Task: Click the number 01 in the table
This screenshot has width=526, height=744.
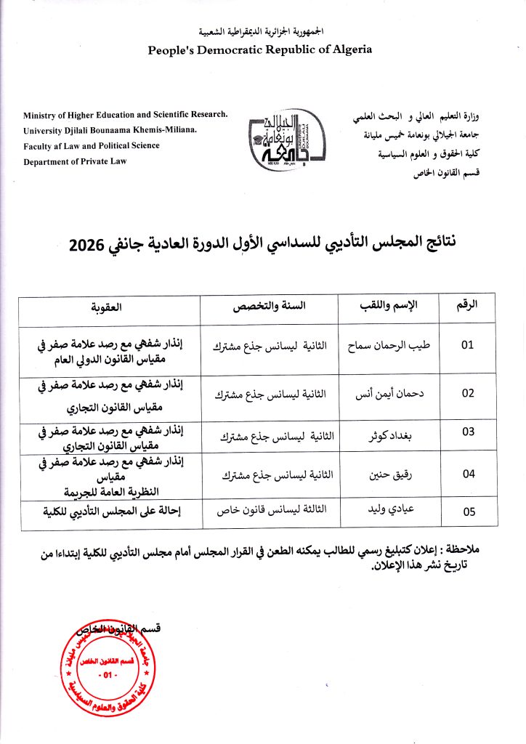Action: [468, 346]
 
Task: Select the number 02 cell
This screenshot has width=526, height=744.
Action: [468, 393]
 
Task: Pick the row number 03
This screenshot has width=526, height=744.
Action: [468, 432]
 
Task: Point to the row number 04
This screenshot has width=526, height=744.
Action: [468, 474]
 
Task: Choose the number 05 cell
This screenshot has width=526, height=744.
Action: [468, 511]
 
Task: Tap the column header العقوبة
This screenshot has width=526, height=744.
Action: [107, 307]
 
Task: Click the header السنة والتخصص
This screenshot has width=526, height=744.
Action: [269, 307]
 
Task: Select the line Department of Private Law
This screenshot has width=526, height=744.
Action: [75, 161]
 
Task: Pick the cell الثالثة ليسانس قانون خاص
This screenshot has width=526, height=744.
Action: [272, 511]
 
